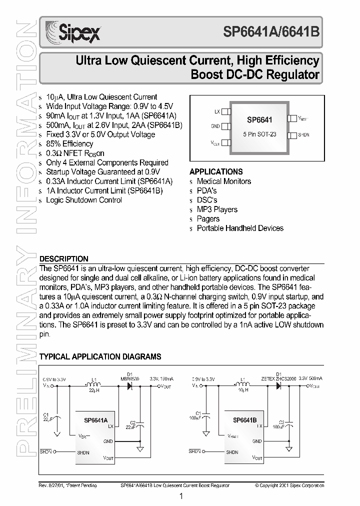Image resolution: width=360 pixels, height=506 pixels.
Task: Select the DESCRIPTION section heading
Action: [63, 259]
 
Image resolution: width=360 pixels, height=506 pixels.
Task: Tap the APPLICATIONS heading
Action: [216, 171]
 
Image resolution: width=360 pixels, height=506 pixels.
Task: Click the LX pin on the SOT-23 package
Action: [225, 111]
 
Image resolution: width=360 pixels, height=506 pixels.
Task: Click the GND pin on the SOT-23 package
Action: [225, 126]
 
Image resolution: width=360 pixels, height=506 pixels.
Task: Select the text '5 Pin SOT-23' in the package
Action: [259, 135]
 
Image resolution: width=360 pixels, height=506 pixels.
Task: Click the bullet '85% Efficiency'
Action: [69, 144]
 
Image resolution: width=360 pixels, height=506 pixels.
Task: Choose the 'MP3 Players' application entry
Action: [217, 209]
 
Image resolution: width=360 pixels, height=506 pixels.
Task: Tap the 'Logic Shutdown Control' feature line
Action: [83, 200]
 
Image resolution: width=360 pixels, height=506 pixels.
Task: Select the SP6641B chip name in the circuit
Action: [244, 420]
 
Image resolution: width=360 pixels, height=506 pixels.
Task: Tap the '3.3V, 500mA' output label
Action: [310, 379]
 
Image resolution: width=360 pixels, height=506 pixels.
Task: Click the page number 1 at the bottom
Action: [180, 496]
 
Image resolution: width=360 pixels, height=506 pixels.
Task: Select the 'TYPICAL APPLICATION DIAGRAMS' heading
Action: [100, 357]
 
